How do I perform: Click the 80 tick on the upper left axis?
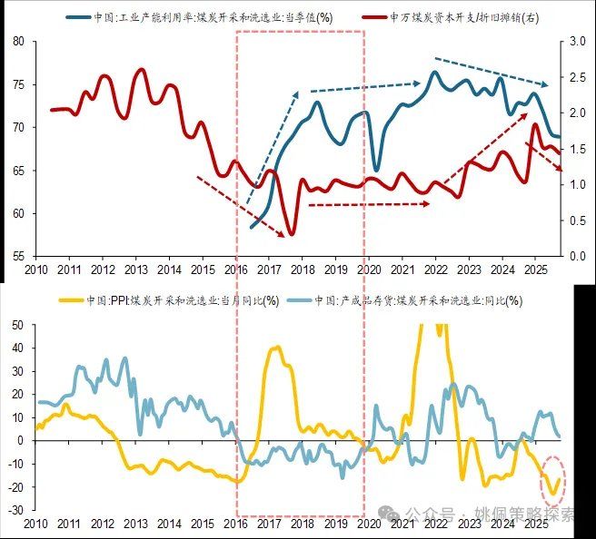(x=19, y=43)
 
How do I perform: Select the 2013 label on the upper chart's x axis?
(x=135, y=269)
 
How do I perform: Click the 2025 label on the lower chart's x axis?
(x=535, y=525)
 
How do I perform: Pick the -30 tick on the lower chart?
(x=15, y=511)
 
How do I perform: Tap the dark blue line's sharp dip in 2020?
(x=377, y=170)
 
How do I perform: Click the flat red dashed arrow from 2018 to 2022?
(x=368, y=205)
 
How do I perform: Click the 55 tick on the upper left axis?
(x=19, y=257)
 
